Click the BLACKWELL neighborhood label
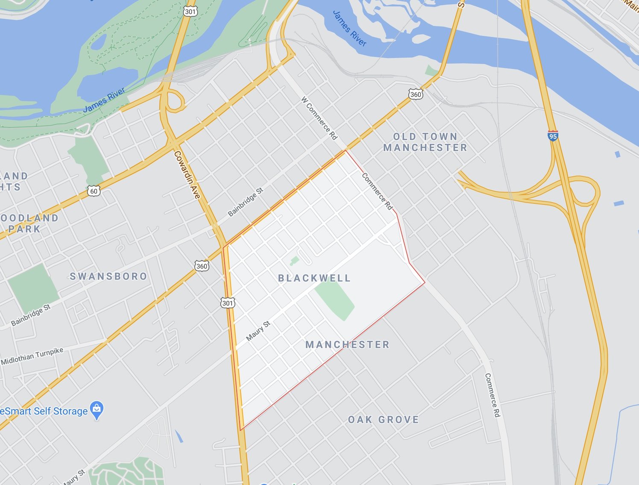point(314,278)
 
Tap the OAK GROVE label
point(383,420)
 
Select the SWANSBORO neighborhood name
point(108,276)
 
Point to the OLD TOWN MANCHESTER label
point(425,142)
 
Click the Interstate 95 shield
point(553,136)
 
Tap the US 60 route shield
point(94,191)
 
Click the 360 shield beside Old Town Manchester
point(415,94)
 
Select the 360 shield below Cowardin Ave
point(202,266)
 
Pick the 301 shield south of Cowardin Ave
point(228,303)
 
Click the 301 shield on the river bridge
point(191,12)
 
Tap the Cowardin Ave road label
point(187,175)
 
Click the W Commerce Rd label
point(319,118)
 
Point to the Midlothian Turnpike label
point(32,356)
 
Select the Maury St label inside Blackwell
point(258,331)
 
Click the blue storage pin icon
point(97,410)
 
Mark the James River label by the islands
point(349,28)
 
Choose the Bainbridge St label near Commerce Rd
point(246,202)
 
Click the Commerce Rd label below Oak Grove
point(492,395)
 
